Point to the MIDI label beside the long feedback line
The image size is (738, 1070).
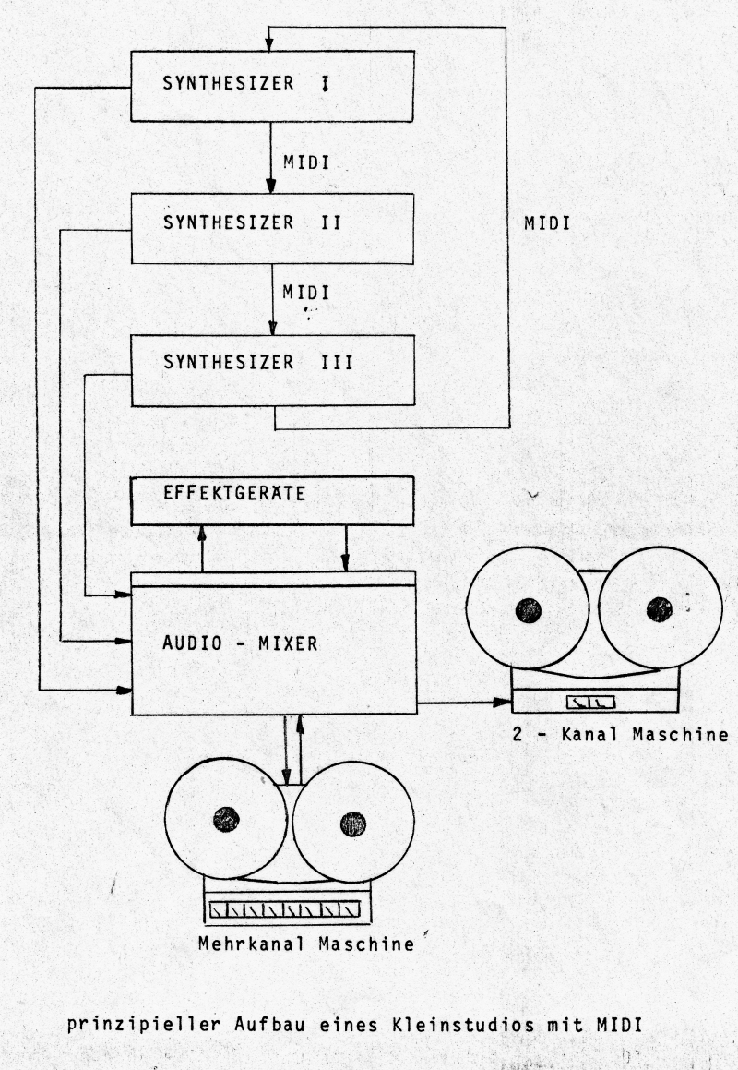[x=546, y=222]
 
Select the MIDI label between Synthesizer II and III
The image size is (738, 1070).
[x=307, y=293]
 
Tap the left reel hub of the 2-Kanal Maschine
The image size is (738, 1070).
[x=528, y=610]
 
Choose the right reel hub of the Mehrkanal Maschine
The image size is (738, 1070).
[x=352, y=824]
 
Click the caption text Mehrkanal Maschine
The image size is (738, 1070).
[x=304, y=944]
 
